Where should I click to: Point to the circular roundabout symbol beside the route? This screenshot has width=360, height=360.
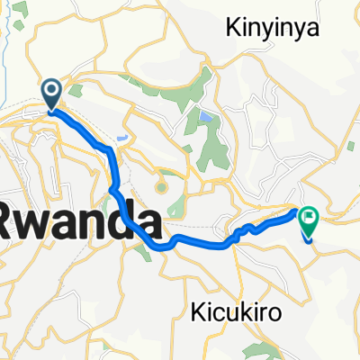pyautogui.click(x=160, y=187)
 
